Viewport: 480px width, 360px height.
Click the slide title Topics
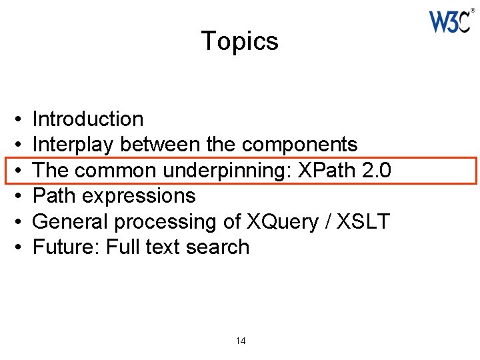(239, 41)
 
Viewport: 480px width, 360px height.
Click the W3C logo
(451, 22)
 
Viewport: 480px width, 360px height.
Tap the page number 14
(241, 341)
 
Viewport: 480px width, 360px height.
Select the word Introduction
(88, 119)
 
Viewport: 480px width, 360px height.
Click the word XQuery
(277, 221)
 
